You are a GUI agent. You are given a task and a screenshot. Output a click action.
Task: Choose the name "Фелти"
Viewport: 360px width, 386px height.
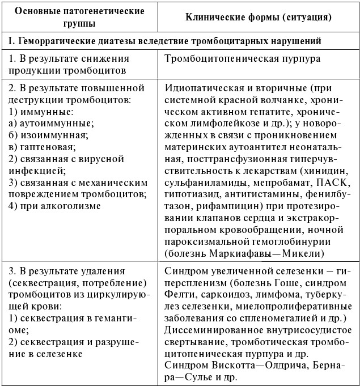point(179,295)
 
